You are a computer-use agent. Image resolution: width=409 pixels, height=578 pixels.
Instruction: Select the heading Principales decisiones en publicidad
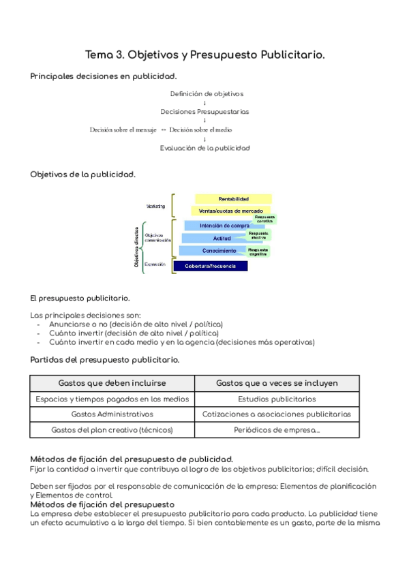104,76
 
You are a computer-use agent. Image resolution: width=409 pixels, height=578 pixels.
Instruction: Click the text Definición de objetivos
207,94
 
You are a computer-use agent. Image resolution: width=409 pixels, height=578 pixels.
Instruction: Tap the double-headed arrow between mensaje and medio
164,130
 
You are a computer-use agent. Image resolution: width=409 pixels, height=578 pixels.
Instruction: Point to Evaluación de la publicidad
204,148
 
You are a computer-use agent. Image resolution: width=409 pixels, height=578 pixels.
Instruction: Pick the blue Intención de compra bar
224,225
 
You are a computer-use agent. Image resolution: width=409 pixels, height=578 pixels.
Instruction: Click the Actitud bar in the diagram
222,238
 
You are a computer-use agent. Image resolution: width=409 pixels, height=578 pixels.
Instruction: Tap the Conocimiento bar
219,251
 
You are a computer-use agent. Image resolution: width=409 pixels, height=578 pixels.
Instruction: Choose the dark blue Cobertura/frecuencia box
210,266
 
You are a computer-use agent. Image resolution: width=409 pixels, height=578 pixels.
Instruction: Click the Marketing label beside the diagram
155,205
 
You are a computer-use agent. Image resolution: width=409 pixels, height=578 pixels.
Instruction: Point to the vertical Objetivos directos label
138,246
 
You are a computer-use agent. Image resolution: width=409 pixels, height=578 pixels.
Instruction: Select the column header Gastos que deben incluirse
112,383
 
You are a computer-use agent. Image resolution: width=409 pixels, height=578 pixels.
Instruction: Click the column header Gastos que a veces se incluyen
277,383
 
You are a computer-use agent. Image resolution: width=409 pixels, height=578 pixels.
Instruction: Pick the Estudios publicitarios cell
277,399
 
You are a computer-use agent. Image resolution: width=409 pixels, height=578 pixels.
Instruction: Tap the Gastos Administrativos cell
112,414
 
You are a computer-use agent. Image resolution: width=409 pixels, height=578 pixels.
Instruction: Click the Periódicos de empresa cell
277,430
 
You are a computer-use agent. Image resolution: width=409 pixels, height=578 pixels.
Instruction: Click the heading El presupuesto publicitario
80,299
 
